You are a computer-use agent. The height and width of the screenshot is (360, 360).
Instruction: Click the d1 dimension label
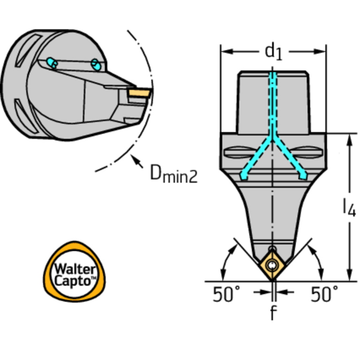coord(273,53)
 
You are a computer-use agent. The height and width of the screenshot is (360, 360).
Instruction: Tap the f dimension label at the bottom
coord(273,312)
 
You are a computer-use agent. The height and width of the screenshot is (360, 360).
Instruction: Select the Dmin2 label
coord(174,173)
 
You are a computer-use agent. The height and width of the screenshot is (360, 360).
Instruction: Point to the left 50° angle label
coord(226,294)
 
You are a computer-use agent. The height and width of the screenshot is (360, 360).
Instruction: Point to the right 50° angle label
coord(324,294)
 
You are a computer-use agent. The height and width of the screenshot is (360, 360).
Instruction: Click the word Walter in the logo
coord(75,269)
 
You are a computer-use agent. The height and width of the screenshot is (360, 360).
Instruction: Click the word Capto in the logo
coord(73,281)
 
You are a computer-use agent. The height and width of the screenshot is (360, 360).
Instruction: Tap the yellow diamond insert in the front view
coord(272,265)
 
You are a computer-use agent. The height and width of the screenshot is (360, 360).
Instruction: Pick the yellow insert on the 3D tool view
coord(139,93)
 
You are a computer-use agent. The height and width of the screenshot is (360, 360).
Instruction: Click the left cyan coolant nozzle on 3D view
coord(52,63)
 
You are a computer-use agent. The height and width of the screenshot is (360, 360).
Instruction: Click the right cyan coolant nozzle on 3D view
coord(95,65)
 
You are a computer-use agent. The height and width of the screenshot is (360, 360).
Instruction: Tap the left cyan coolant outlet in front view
coord(244,176)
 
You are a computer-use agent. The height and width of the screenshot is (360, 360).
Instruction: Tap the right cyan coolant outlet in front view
coord(303,176)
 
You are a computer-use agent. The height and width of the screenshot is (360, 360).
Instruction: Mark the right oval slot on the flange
coord(306,152)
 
